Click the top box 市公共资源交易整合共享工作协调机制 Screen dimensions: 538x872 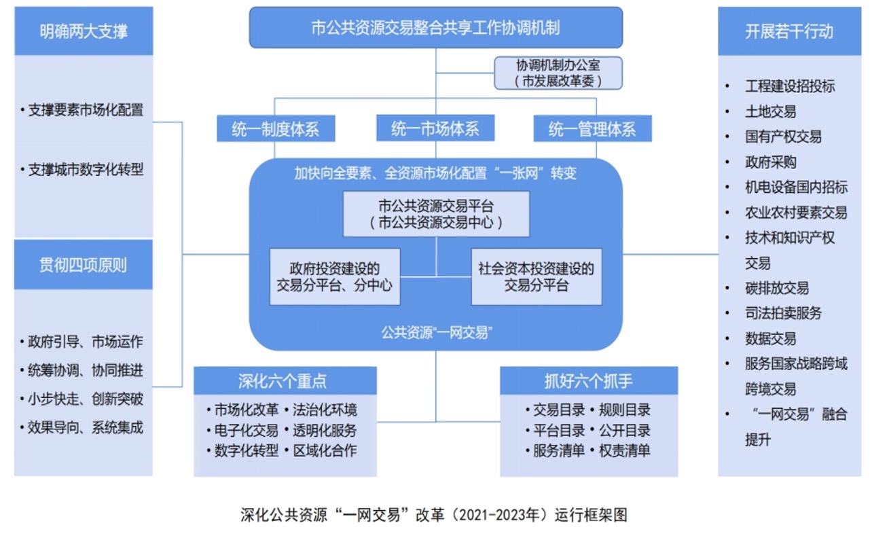pyautogui.click(x=435, y=29)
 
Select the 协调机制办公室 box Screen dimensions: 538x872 pyautogui.click(x=558, y=73)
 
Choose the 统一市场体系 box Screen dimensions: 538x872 pyautogui.click(x=435, y=128)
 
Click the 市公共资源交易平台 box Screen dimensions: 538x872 pyautogui.click(x=435, y=214)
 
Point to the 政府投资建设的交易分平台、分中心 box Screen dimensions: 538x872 pyautogui.click(x=334, y=277)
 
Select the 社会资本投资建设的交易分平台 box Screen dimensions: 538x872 pyautogui.click(x=536, y=277)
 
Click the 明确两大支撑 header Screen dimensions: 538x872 pyautogui.click(x=84, y=31)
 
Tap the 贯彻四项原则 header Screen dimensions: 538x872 pyautogui.click(x=84, y=265)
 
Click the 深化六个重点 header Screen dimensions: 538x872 pyautogui.click(x=285, y=381)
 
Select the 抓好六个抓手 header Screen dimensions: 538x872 pyautogui.click(x=588, y=381)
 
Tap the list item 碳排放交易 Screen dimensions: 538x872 pyautogui.click(x=776, y=288)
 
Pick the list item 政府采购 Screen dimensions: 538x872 pyautogui.click(x=770, y=162)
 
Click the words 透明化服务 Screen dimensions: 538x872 pyautogui.click(x=325, y=430)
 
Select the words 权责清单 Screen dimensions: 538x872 pyautogui.click(x=624, y=450)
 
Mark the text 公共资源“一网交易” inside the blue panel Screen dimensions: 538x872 pyautogui.click(x=435, y=332)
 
